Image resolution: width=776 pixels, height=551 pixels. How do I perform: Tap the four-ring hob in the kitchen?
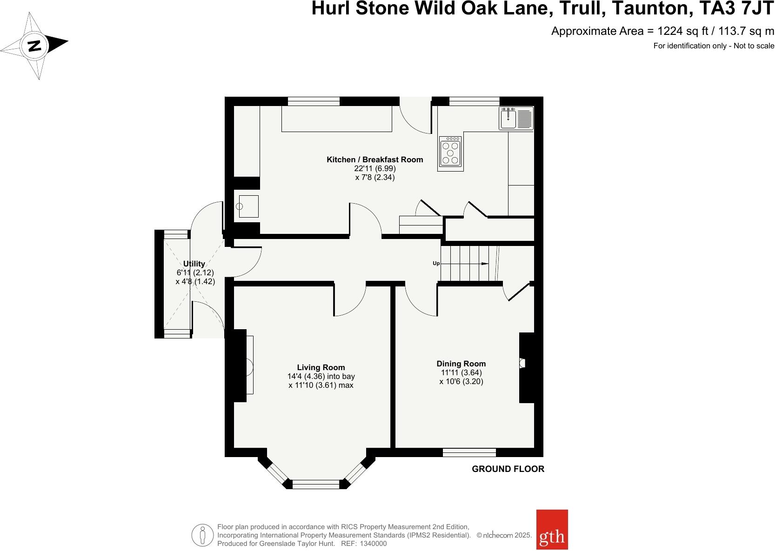[450, 152]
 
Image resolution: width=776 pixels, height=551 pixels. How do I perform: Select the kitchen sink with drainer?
[516, 118]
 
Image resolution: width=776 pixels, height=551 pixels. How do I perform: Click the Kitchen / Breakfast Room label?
[375, 159]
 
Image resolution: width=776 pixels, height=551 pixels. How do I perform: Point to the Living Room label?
[321, 367]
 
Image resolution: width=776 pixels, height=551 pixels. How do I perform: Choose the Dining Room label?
[461, 364]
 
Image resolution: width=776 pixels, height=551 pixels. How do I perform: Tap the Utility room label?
[194, 264]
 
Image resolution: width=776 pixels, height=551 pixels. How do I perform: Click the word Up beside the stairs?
[436, 263]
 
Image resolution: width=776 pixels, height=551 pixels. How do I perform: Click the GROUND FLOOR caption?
[508, 469]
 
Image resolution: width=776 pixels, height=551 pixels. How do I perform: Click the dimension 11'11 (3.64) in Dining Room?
[461, 372]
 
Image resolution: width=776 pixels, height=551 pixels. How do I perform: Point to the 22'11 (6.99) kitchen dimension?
[375, 168]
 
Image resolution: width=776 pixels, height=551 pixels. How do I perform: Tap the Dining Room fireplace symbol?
[522, 363]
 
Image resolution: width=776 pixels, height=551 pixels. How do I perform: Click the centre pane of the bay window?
[318, 484]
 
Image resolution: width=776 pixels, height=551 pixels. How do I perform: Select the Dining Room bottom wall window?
[469, 452]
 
